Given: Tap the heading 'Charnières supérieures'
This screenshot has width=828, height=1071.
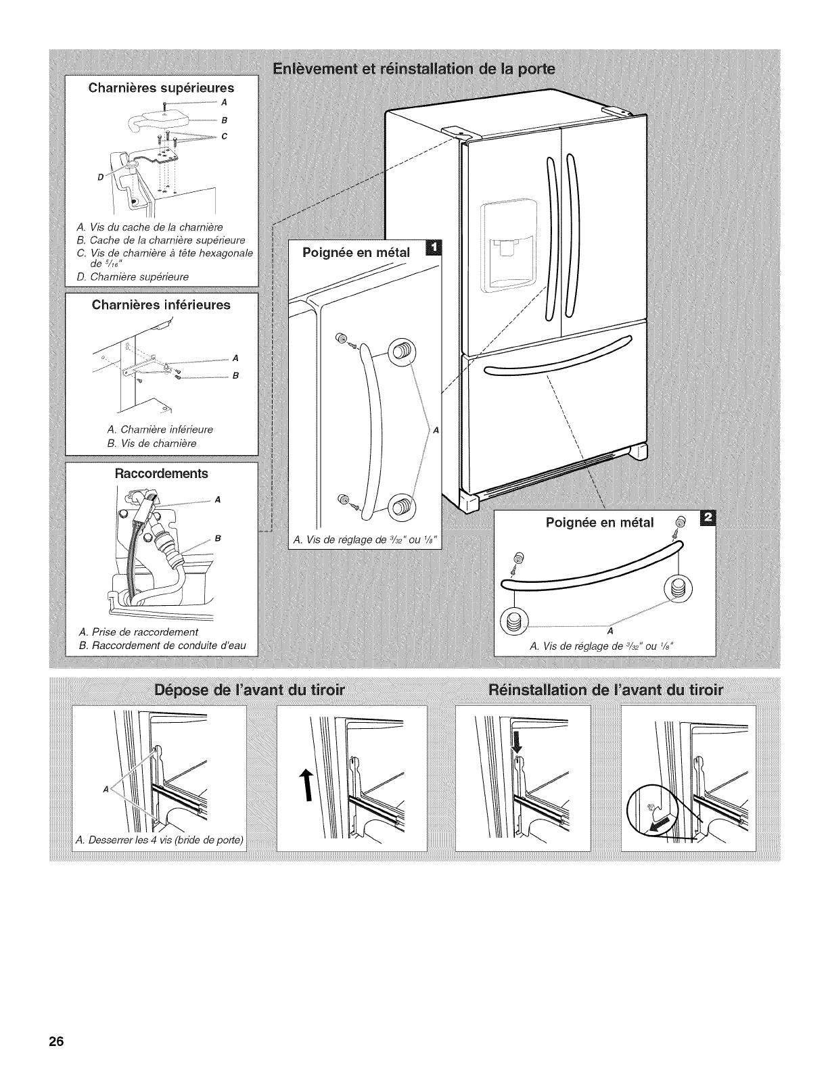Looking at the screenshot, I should tap(162, 88).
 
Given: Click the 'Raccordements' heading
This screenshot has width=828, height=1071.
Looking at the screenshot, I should tap(162, 473).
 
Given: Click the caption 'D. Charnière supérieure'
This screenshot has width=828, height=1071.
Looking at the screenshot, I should tap(133, 277).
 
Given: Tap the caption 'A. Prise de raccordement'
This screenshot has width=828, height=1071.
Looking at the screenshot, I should tap(138, 632).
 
